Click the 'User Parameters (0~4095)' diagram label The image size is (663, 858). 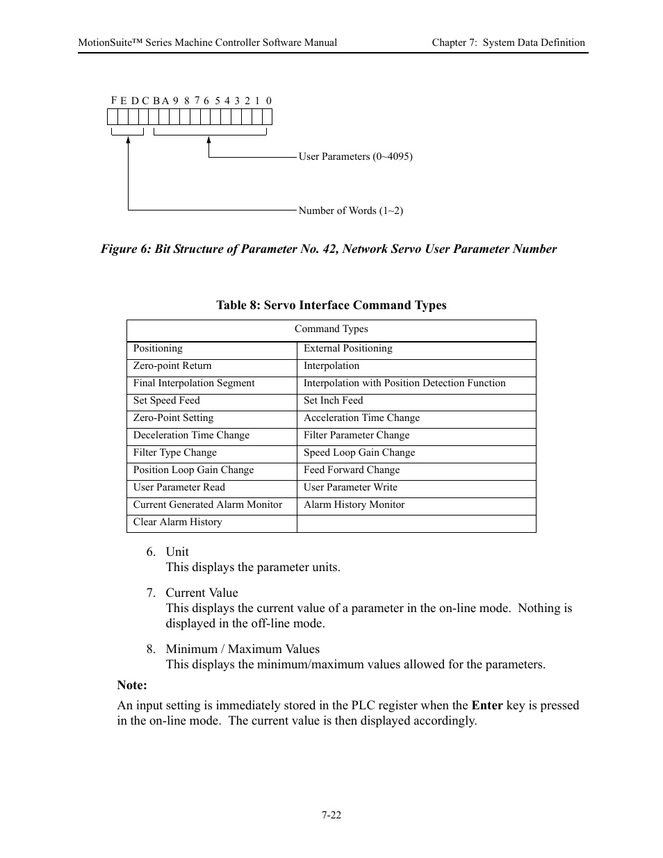tap(355, 156)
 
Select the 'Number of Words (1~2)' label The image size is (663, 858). tap(350, 211)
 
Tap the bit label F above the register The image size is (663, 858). tap(113, 100)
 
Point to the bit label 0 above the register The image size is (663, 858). tap(268, 101)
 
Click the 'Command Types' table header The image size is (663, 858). tap(331, 329)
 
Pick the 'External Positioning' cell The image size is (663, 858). tap(347, 349)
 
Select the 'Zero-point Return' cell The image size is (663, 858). tap(172, 366)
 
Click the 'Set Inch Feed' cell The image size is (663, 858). tap(333, 401)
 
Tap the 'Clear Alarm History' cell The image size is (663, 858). tap(177, 522)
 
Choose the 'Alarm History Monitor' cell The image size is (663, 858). tap(354, 505)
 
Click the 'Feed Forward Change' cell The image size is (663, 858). tap(351, 470)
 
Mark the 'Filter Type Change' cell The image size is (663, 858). tap(174, 453)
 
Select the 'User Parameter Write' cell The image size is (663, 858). tap(350, 488)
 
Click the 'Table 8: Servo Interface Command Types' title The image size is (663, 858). tap(331, 305)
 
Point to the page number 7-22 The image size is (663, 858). tap(331, 815)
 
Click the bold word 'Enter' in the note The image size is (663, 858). tap(486, 705)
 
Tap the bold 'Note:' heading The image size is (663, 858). tap(132, 685)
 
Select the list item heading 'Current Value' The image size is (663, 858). tap(202, 593)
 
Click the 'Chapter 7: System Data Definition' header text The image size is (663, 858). tap(508, 42)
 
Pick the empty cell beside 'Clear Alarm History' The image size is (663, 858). tap(416, 523)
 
